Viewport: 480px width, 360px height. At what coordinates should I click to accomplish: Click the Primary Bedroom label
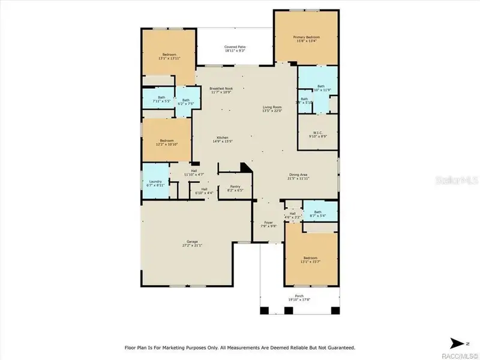pos(306,37)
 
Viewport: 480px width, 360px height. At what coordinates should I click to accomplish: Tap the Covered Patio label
pos(235,47)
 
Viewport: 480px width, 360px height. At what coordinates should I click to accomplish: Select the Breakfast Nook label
pos(221,89)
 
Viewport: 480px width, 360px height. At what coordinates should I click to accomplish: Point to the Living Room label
pos(272,107)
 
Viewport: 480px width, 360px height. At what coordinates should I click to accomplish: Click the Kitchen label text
pos(222,139)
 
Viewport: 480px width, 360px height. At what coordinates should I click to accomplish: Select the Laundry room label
pos(154,182)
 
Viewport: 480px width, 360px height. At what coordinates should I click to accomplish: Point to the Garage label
pos(191,242)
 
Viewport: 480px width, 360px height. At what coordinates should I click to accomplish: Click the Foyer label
pos(268,223)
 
